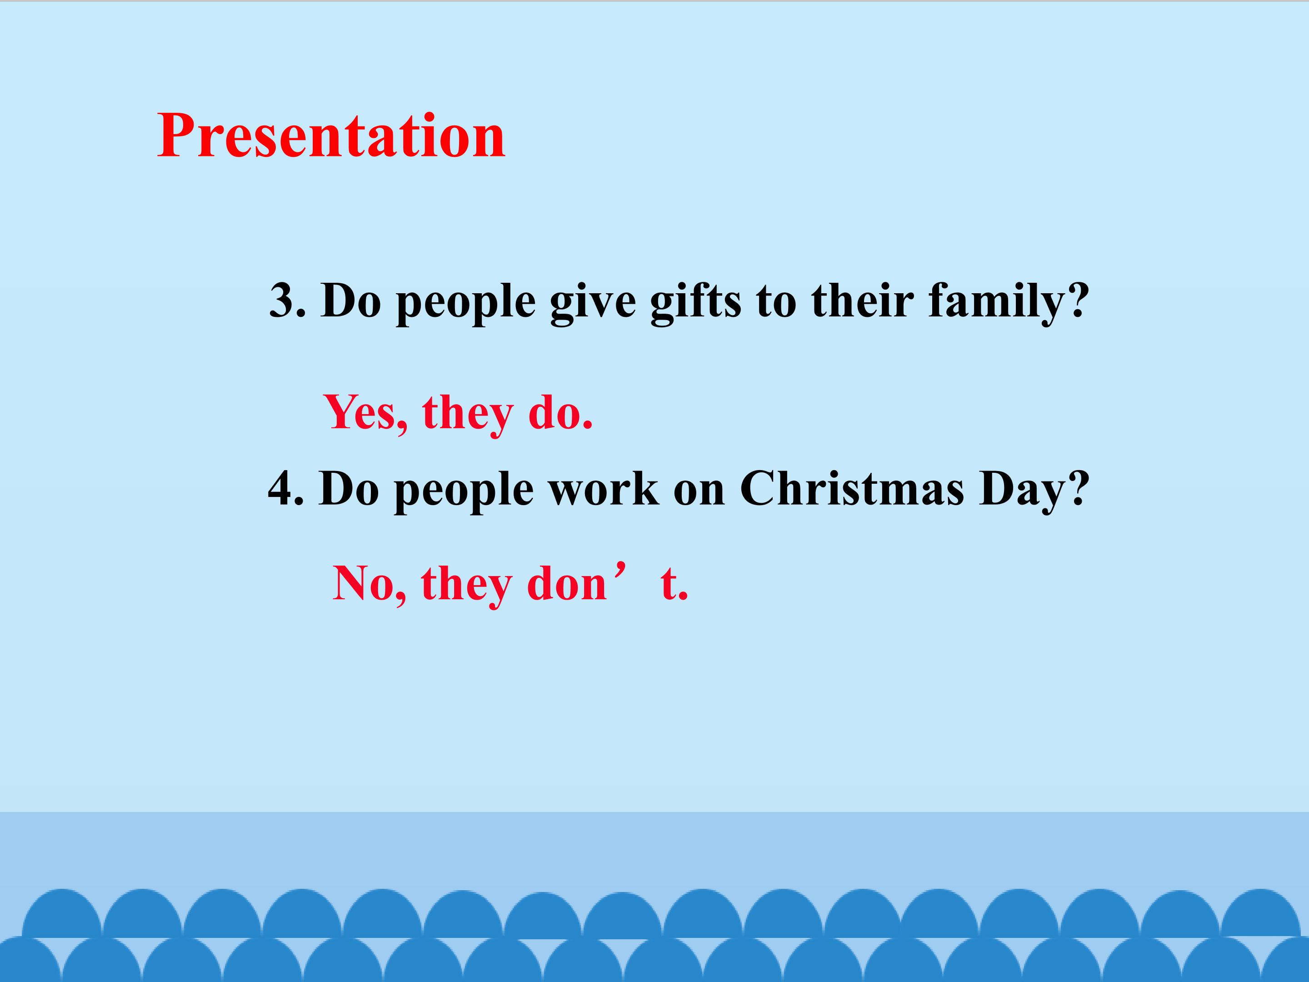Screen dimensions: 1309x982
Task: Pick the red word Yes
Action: click(x=361, y=412)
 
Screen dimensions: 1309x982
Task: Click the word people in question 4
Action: click(x=463, y=492)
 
